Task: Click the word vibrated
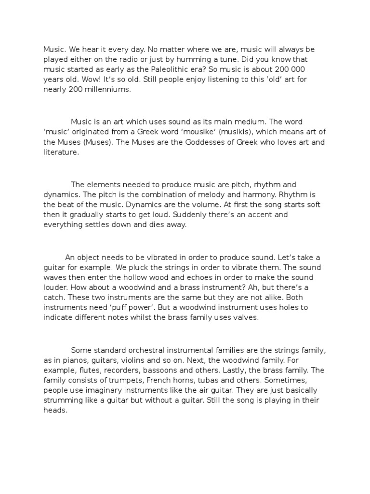[x=145, y=257]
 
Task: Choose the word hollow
[x=150, y=277]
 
